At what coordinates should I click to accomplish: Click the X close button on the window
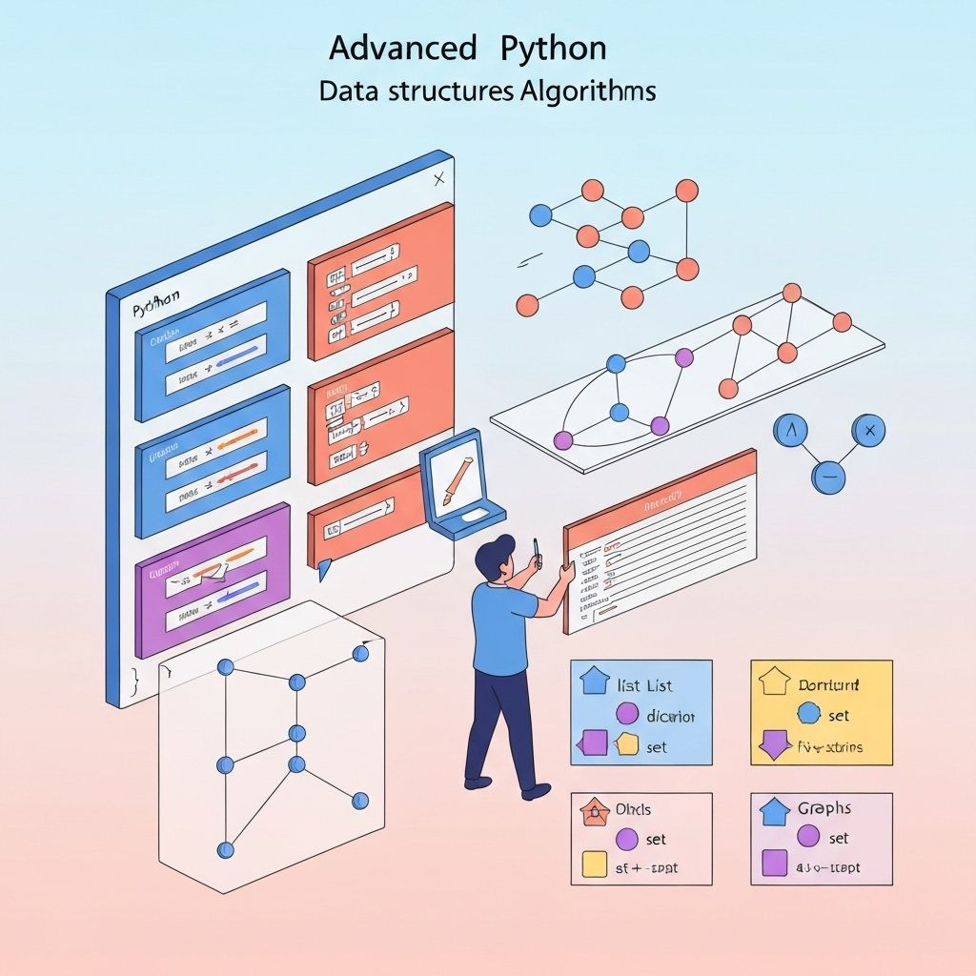point(438,178)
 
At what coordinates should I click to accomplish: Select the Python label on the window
point(154,309)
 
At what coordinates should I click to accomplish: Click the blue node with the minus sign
point(828,476)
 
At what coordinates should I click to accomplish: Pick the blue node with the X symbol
point(866,432)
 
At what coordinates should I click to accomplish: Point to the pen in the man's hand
point(537,550)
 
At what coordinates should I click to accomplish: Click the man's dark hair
point(495,555)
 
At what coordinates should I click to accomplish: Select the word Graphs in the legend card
point(824,808)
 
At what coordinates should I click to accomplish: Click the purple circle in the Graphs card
point(808,837)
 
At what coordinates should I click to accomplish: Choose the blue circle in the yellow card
point(808,714)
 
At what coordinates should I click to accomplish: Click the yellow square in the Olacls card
point(594,864)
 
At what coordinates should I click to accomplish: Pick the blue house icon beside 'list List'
point(595,681)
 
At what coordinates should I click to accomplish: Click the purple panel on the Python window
point(212,579)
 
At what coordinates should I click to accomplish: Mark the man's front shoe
point(536,790)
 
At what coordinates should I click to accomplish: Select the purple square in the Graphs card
point(775,864)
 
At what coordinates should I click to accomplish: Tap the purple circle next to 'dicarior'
point(627,714)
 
